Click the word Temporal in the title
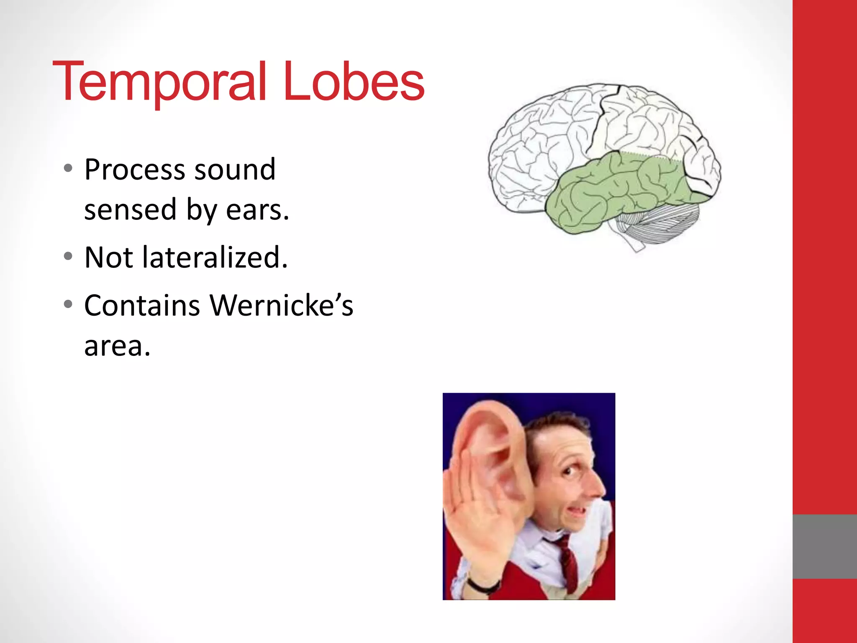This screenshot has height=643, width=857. point(159,82)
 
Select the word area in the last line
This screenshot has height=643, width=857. point(116,347)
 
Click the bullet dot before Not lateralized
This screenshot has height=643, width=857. point(68,257)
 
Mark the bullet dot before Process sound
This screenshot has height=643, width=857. point(68,169)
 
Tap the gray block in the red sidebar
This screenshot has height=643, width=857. point(824,546)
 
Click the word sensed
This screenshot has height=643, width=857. point(130,210)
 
